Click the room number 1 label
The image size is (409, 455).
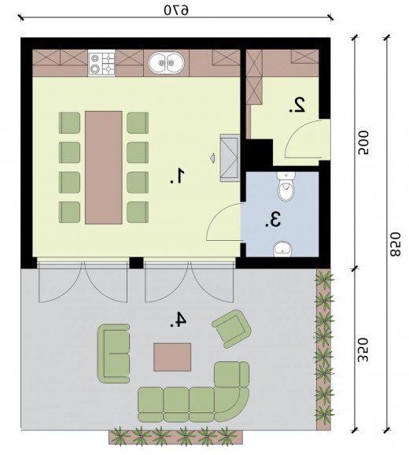point(178,176)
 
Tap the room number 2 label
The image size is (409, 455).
point(297,105)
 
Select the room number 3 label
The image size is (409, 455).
point(273,220)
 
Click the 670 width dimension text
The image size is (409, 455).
point(176,10)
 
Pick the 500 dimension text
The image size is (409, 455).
point(363,143)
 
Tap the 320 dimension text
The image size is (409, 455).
point(363,350)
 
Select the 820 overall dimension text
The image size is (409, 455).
point(395,244)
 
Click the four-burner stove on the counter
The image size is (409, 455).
point(101,63)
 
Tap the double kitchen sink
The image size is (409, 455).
point(167,63)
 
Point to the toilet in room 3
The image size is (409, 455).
point(286,186)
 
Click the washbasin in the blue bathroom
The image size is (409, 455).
point(282,250)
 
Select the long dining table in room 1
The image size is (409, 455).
point(104,168)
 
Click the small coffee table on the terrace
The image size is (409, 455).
point(172,357)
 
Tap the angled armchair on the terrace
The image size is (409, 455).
point(231,328)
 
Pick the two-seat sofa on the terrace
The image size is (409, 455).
point(113,353)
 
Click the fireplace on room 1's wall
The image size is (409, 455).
point(230,158)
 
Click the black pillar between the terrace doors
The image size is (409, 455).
point(136,263)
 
